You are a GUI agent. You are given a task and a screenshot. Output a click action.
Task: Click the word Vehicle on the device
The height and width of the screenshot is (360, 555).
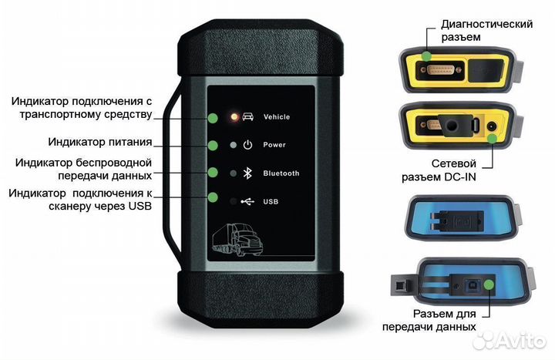[276, 117]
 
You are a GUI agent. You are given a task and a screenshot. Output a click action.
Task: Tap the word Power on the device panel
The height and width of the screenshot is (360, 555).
[274, 145]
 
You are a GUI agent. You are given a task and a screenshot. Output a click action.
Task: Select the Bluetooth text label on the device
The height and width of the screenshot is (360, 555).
[281, 173]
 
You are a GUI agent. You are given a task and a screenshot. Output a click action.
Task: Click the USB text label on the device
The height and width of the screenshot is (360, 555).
[270, 202]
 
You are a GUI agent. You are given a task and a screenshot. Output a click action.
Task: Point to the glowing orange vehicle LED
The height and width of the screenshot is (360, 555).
[233, 117]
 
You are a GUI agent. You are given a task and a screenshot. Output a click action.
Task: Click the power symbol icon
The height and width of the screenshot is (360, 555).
[247, 145]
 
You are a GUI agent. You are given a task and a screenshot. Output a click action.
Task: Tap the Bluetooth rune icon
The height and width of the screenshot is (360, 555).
[247, 173]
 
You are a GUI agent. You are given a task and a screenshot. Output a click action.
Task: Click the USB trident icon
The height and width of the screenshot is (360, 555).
[247, 202]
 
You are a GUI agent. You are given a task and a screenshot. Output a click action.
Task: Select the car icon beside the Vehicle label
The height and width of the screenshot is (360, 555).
[247, 117]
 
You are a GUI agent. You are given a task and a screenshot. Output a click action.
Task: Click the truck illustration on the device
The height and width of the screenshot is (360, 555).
[239, 238]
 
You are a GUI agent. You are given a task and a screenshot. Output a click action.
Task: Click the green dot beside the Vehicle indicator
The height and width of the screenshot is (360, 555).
[210, 117]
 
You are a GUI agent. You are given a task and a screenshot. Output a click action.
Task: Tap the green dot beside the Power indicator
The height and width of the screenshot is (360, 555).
[210, 145]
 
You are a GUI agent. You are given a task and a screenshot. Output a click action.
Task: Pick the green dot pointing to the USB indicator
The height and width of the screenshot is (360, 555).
[210, 198]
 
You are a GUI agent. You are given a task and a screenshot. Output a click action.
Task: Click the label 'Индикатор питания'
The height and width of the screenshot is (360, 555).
[99, 142]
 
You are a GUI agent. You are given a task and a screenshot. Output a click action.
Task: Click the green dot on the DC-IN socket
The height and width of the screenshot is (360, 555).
[491, 139]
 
